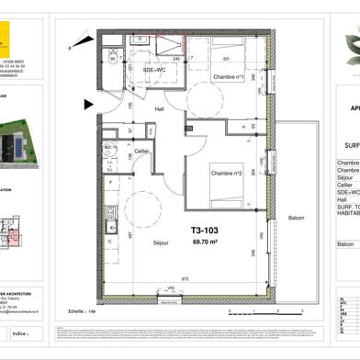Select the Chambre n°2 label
click(226, 174)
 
